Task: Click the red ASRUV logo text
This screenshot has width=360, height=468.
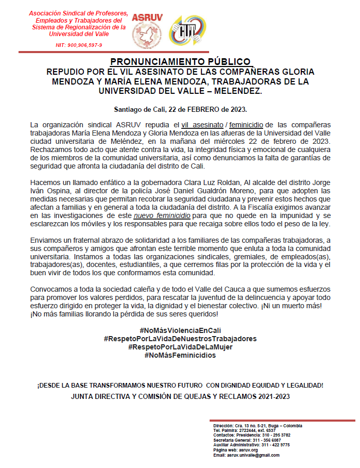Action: click(147, 16)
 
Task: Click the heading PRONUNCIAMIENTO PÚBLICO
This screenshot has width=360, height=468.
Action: click(180, 61)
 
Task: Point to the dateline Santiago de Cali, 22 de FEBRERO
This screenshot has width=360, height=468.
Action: click(180, 109)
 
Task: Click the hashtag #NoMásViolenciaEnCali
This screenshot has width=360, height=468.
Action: click(180, 330)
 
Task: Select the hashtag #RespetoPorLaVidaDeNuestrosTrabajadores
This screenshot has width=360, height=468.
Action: click(180, 339)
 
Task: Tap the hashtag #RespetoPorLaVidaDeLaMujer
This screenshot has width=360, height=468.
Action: click(180, 347)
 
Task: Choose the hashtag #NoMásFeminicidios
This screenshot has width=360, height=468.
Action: click(180, 356)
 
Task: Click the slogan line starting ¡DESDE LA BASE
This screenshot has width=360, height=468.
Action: click(180, 386)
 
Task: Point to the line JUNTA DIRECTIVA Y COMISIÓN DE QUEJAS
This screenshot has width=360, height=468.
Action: click(180, 396)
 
